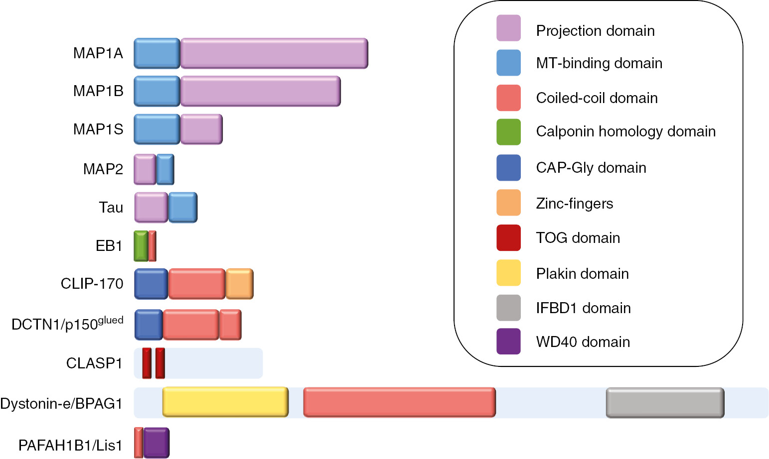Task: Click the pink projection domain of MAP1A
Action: tap(274, 53)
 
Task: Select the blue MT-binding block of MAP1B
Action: tap(157, 91)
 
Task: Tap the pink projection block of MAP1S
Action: tap(201, 129)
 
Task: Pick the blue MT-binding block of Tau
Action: tap(182, 208)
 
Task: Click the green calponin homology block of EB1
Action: tap(141, 246)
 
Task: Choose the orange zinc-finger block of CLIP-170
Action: tap(240, 284)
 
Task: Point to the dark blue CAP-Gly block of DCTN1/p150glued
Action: tap(149, 325)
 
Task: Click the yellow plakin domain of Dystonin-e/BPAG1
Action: tap(225, 402)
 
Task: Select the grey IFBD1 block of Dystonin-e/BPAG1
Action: tap(665, 402)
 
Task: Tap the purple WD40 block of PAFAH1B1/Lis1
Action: tap(156, 443)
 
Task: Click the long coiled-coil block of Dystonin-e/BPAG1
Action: tap(399, 402)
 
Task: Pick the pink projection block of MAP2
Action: tap(145, 169)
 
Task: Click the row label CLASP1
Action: tap(94, 363)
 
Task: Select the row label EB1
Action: tap(109, 246)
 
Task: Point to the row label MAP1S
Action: tap(98, 129)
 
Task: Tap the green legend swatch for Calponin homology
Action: tap(508, 132)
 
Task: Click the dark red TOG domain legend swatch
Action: tap(508, 238)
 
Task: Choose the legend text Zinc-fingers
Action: tap(574, 204)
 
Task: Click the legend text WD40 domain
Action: tap(583, 342)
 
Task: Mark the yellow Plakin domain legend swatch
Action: tap(508, 273)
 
